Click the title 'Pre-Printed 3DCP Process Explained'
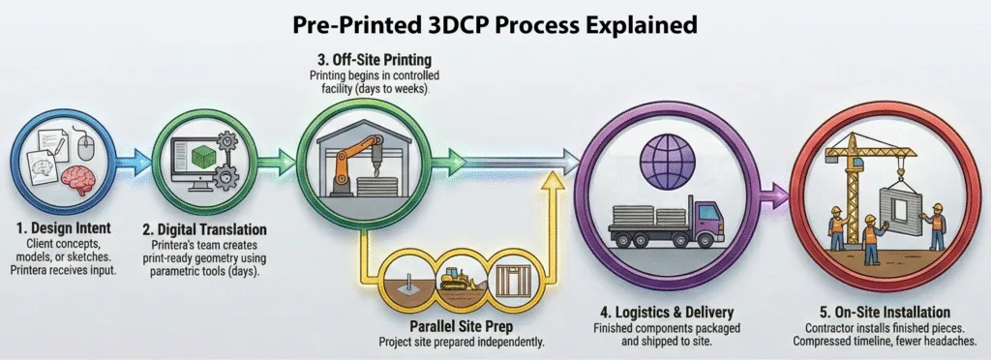pos(495,23)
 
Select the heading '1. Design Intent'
pos(64,228)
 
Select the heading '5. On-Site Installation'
pos(884,313)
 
